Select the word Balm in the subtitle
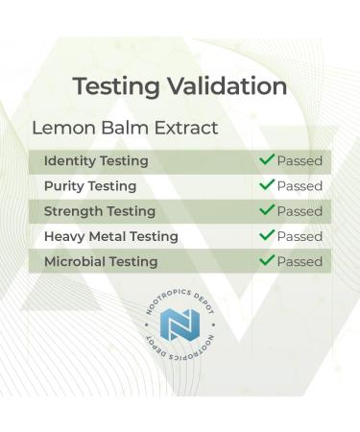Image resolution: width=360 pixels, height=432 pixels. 121,128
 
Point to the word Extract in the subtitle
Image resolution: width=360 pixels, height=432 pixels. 183,128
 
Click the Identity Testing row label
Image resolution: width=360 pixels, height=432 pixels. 96,161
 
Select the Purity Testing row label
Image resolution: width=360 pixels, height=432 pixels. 90,186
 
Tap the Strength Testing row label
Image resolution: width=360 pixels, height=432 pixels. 100,211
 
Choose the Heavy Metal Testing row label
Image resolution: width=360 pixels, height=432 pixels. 110,236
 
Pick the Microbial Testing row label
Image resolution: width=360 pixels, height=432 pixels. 101,261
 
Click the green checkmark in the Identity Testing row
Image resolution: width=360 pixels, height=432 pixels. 267,160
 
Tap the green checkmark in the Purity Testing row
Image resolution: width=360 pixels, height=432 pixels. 267,185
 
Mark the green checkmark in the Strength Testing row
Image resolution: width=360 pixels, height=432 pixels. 267,210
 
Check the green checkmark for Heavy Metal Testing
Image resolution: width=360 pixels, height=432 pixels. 267,235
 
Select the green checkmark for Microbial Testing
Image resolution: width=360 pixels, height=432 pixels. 267,260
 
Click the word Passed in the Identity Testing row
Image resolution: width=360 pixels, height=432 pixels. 300,161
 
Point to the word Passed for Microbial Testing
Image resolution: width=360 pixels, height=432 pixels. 300,261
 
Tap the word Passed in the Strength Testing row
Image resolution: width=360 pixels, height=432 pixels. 300,211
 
